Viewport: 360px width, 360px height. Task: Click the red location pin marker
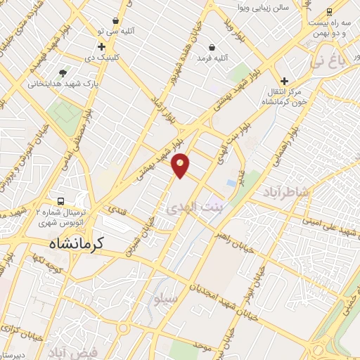(181, 165)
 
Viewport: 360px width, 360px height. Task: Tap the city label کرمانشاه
(76, 243)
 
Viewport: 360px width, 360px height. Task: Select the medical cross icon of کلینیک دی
(101, 46)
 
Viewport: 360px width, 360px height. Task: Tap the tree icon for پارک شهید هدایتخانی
(63, 72)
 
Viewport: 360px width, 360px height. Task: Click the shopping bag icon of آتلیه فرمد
(211, 48)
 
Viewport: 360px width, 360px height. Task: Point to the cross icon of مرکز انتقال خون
(284, 81)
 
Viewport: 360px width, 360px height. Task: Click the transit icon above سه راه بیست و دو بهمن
(330, 11)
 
